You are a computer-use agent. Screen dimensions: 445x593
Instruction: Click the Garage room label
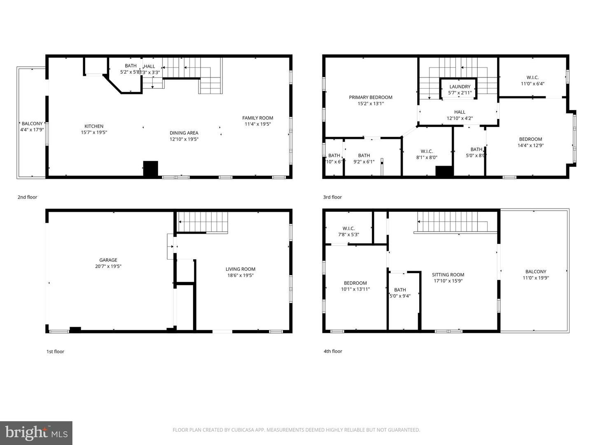point(108,263)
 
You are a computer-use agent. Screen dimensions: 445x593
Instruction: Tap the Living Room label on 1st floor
point(240,272)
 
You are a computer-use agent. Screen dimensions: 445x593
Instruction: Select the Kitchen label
point(94,129)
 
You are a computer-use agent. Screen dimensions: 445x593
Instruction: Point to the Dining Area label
point(184,136)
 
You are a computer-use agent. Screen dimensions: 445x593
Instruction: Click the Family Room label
point(258,121)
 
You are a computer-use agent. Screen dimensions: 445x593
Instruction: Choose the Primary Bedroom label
point(371,100)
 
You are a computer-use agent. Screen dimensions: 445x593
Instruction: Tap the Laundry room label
point(460,89)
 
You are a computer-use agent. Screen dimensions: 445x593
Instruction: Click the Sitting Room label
point(448,278)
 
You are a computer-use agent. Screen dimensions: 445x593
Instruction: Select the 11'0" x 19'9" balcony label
point(536,274)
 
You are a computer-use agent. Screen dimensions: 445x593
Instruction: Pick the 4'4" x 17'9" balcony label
point(32,126)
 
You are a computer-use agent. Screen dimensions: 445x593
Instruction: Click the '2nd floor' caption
point(27,197)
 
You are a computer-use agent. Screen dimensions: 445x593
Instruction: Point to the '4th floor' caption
point(333,351)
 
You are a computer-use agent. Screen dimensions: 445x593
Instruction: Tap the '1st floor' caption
point(55,352)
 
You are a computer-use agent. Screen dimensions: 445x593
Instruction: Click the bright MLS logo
point(36,433)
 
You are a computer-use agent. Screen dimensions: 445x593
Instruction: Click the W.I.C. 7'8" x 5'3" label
point(348,231)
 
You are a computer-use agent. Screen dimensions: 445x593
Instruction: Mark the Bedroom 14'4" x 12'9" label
point(530,142)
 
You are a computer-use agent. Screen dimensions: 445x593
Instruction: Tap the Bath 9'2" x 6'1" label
point(364,159)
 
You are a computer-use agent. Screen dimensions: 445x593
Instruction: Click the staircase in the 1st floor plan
point(203,222)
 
